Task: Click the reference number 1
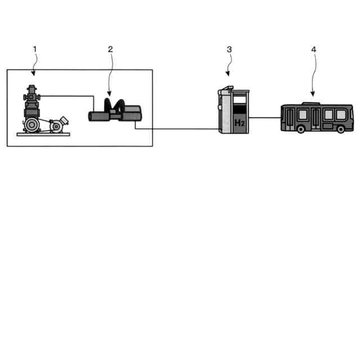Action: (x=35, y=49)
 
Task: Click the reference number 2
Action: (x=110, y=49)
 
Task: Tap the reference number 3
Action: (x=229, y=49)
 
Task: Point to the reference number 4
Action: (x=313, y=49)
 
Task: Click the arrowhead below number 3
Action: (x=228, y=74)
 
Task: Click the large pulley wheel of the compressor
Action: (x=32, y=124)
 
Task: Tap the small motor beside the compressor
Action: (x=58, y=125)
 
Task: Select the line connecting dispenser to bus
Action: (x=264, y=118)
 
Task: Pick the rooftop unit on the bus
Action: (x=311, y=103)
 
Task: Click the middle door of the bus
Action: (x=316, y=118)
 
